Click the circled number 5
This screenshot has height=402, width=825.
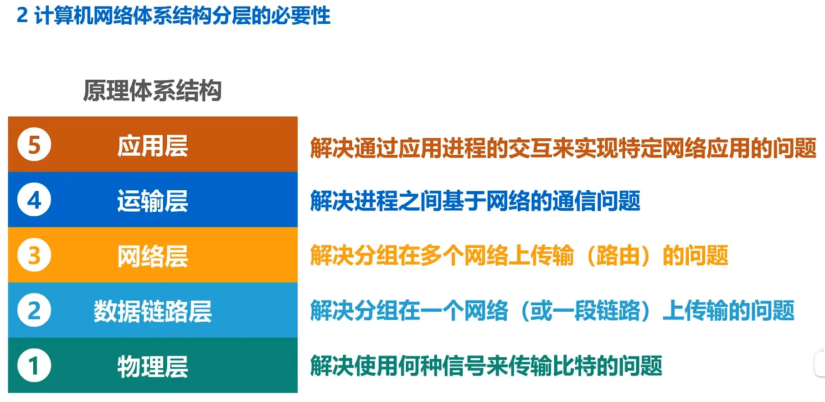point(34,145)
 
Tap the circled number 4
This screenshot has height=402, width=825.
point(34,200)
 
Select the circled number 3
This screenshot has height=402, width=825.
point(34,255)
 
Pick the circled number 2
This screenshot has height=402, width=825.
point(34,310)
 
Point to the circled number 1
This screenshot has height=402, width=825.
point(34,365)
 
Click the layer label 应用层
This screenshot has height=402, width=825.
point(153,146)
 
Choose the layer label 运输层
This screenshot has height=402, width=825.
point(153,201)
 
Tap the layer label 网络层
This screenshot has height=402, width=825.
point(153,256)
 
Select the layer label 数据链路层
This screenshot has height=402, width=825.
point(153,312)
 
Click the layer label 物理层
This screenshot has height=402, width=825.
point(153,367)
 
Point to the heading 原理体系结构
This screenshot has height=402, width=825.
point(152,90)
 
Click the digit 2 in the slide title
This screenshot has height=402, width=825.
point(22,16)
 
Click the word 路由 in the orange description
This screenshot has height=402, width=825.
point(618,256)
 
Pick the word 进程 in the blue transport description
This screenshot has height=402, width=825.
point(376,201)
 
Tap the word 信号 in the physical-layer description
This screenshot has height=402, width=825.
point(464,366)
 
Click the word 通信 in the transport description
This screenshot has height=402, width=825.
point(574,201)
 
